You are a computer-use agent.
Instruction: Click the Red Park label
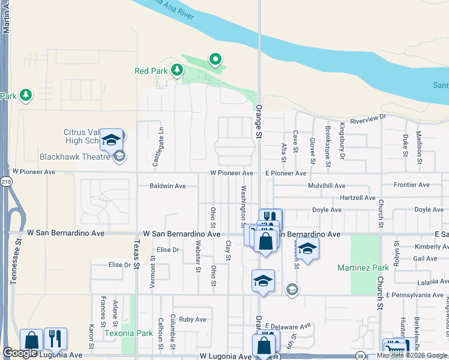coord(151,71)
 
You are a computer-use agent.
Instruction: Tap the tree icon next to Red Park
coord(176,71)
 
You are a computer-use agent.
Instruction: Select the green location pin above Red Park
coord(215,59)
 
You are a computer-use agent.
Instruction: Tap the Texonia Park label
coord(128,333)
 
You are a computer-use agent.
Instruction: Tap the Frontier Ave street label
coord(411,185)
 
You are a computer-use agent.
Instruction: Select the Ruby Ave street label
coord(192,319)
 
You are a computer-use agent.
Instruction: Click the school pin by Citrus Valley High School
coord(110,139)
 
